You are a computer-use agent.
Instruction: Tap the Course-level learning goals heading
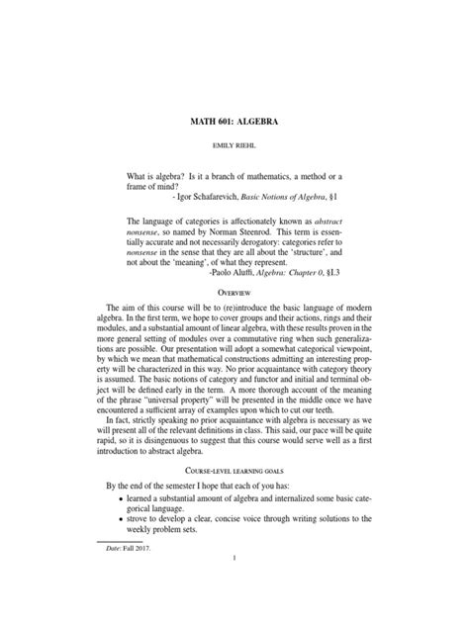tap(234, 483)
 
